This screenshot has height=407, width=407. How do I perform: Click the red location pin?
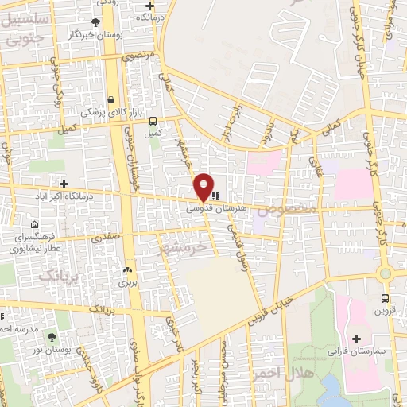(204, 185)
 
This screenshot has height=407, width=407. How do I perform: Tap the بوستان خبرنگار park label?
(97, 35)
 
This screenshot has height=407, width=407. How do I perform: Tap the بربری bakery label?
(128, 282)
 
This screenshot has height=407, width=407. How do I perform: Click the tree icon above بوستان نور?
(52, 338)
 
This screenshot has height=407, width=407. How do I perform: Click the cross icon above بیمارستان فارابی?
(367, 339)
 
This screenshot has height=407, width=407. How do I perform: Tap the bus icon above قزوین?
(386, 299)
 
